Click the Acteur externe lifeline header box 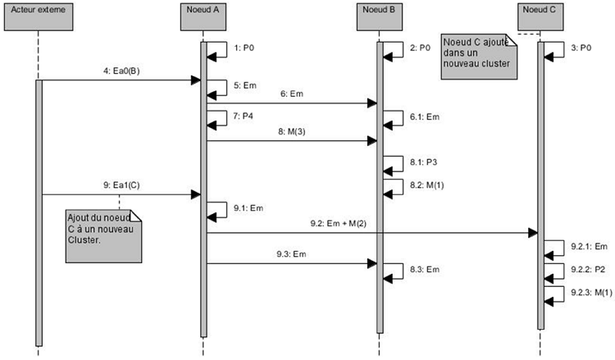[x=38, y=14]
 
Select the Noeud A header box [x=202, y=14]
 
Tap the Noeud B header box [x=379, y=14]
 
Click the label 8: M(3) [x=293, y=131]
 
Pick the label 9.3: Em [x=293, y=254]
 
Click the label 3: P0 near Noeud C [x=581, y=48]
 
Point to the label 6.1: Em [x=425, y=117]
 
